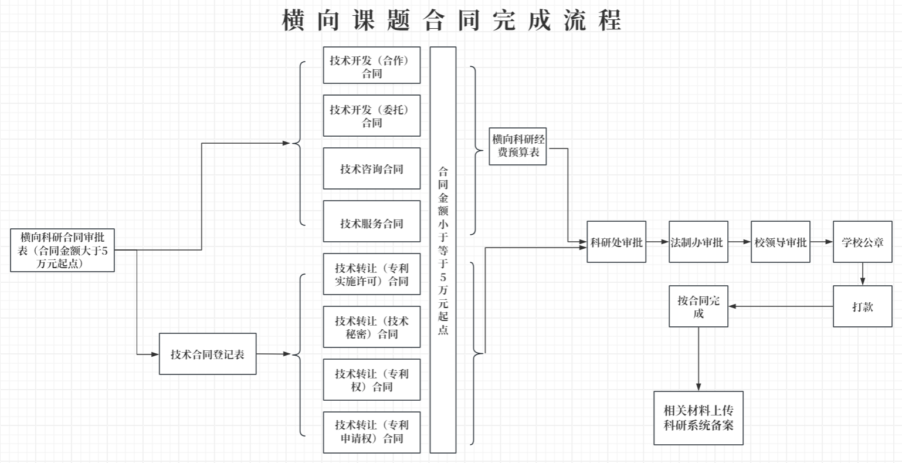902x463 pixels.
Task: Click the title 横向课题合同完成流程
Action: coord(451,20)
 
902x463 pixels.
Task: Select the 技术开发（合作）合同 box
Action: coord(372,65)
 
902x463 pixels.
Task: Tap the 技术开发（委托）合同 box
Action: coord(372,116)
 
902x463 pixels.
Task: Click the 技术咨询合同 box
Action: coord(372,168)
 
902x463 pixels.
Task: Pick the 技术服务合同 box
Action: coord(372,221)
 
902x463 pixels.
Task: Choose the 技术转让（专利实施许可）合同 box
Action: coord(372,274)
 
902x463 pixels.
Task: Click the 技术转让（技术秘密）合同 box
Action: coord(372,327)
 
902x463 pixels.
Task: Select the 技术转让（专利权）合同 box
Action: coord(372,380)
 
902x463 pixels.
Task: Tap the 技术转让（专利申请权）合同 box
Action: coord(372,432)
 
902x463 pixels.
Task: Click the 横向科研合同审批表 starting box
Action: coord(62,251)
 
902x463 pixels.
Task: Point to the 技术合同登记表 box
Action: coord(208,354)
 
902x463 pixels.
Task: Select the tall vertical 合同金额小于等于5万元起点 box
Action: coord(443,250)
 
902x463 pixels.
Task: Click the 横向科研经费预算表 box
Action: coord(517,146)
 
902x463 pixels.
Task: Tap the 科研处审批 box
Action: coord(616,242)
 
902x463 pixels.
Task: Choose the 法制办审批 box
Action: coord(698,242)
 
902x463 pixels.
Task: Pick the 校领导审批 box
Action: coord(780,242)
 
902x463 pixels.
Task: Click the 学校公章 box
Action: coord(862,242)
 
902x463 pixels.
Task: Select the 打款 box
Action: coord(862,306)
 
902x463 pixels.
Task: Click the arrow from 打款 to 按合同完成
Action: coord(780,306)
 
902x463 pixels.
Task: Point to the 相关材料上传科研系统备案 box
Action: coord(698,418)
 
